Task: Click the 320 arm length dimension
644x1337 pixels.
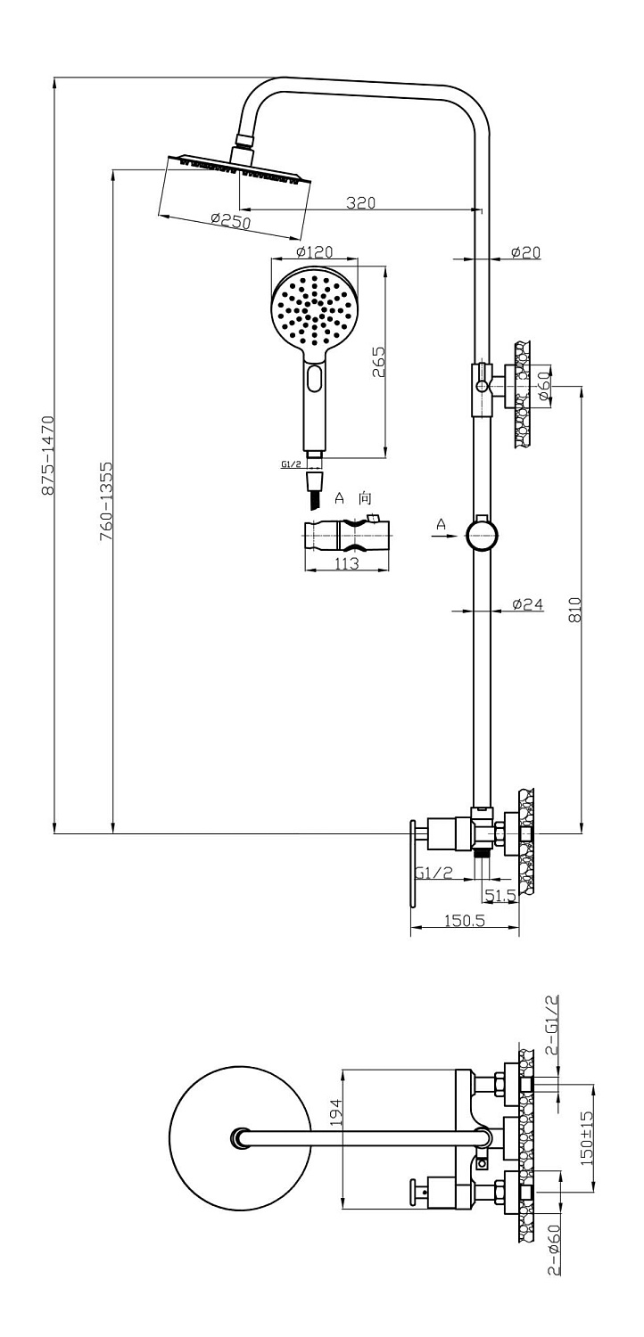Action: tap(361, 203)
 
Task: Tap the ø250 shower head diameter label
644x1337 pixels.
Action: tap(231, 221)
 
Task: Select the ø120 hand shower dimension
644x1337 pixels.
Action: tap(314, 252)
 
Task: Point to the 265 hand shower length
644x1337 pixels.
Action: tap(379, 362)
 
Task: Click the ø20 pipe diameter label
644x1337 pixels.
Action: tap(525, 253)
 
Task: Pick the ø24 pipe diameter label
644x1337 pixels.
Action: tap(528, 604)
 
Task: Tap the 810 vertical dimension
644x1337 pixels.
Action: tap(574, 610)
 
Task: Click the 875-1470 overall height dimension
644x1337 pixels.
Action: tap(48, 455)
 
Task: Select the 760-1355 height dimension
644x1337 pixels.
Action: tap(106, 501)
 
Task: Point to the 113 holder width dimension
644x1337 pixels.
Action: tap(346, 562)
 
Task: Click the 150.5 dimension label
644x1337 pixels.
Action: tap(464, 920)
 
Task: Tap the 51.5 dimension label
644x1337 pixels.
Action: tap(500, 896)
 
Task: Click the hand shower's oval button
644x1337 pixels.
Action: tap(315, 378)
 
